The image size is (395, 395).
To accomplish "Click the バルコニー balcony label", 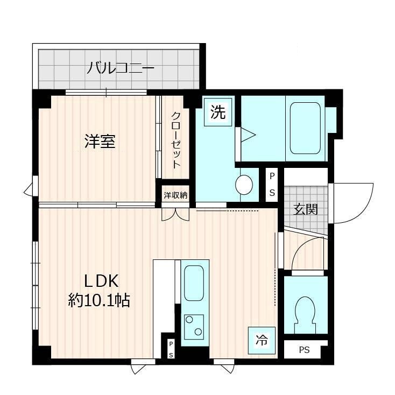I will [x=121, y=68].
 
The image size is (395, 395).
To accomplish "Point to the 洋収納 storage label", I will [x=175, y=195].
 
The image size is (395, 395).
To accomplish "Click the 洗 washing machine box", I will [x=218, y=113].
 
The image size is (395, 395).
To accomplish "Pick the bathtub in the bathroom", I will [x=305, y=128].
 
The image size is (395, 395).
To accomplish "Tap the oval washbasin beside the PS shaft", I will [x=244, y=185].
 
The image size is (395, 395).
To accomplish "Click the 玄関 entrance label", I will [x=305, y=209].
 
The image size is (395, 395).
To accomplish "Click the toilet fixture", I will [x=305, y=315].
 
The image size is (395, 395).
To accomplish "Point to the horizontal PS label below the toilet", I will [x=305, y=350].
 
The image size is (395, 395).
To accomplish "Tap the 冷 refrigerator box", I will [x=261, y=339].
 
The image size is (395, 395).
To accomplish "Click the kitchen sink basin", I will [x=194, y=283].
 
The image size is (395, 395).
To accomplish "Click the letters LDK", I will [x=100, y=280].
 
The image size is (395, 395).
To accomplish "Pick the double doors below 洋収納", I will [x=175, y=214].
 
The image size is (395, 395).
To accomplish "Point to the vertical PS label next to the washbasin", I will [x=272, y=185].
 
